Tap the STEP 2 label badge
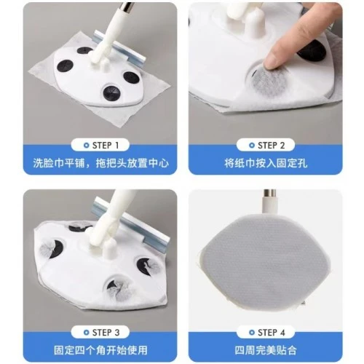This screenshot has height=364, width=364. click(266, 145)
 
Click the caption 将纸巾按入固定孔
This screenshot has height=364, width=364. click(266, 163)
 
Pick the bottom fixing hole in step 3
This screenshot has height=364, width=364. click(116, 289)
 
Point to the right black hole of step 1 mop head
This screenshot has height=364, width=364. click(131, 77)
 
